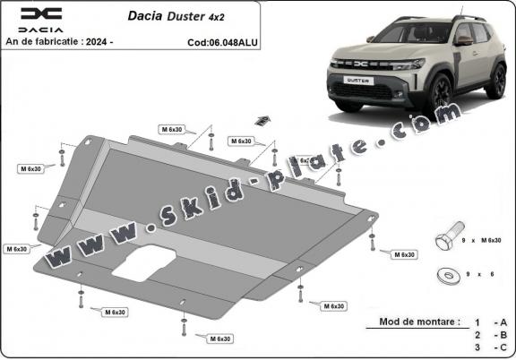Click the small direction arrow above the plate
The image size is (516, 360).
[x=262, y=119]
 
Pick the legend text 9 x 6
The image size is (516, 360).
[x=485, y=274]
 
